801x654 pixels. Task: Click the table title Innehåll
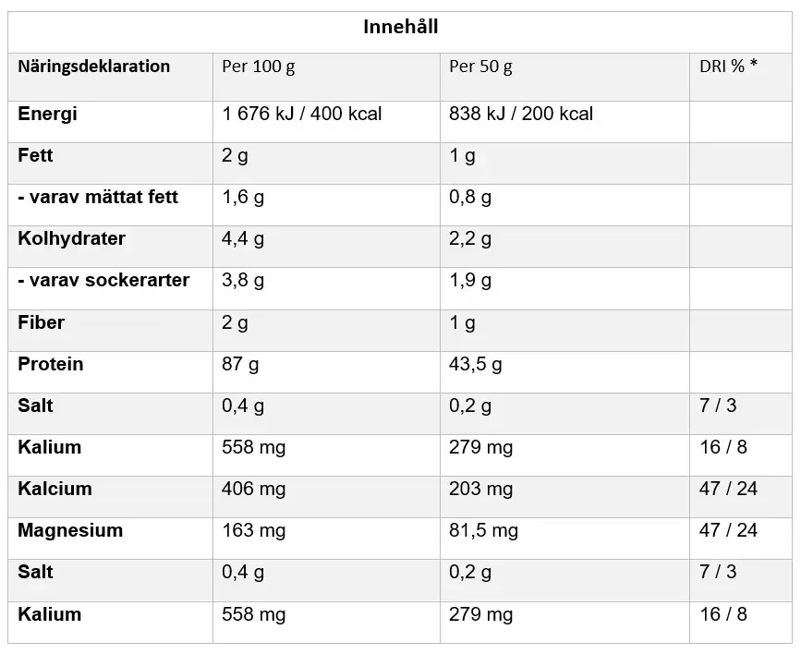pyautogui.click(x=400, y=27)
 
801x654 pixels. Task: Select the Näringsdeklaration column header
pyautogui.click(x=94, y=67)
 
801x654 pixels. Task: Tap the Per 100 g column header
pyautogui.click(x=259, y=67)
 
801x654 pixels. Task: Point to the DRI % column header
pyautogui.click(x=728, y=67)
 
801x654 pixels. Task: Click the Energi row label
pyautogui.click(x=48, y=114)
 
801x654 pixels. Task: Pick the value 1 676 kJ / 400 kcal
pyautogui.click(x=302, y=114)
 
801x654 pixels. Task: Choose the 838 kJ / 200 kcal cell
pyautogui.click(x=521, y=114)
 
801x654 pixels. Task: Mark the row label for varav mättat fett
pyautogui.click(x=98, y=197)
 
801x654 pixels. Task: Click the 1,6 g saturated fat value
pyautogui.click(x=243, y=197)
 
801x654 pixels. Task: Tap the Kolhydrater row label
pyautogui.click(x=72, y=238)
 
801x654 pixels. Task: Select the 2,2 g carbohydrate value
pyautogui.click(x=470, y=238)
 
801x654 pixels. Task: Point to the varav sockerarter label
pyautogui.click(x=103, y=280)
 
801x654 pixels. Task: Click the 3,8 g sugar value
pyautogui.click(x=243, y=280)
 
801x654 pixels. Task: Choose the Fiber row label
pyautogui.click(x=41, y=322)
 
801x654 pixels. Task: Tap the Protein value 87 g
pyautogui.click(x=240, y=364)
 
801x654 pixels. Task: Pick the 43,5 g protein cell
pyautogui.click(x=476, y=364)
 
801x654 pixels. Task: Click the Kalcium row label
pyautogui.click(x=55, y=489)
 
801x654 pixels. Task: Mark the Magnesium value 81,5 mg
pyautogui.click(x=484, y=530)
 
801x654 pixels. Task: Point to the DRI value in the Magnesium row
pyautogui.click(x=728, y=530)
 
